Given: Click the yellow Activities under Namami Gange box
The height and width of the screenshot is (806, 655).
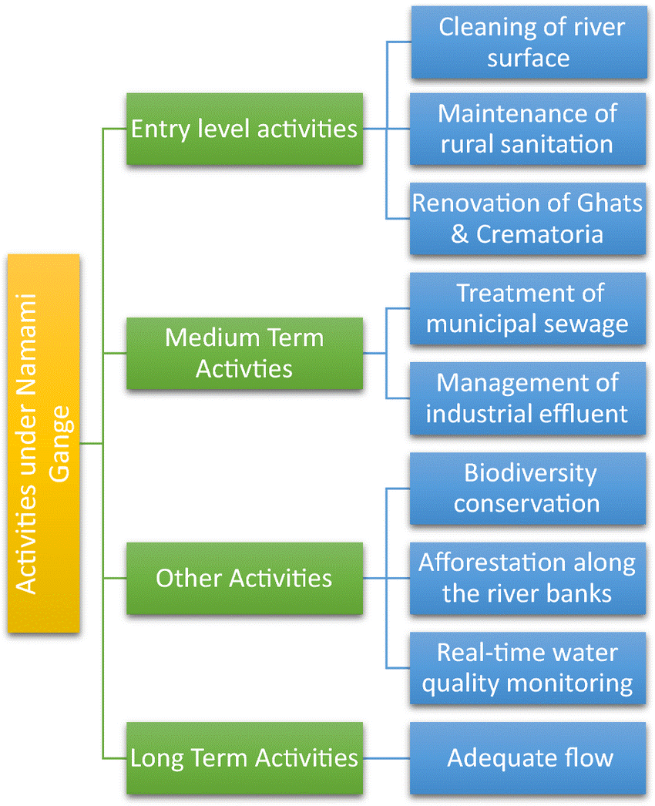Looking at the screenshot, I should click(44, 443).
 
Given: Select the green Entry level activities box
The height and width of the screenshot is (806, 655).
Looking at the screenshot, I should click(244, 129).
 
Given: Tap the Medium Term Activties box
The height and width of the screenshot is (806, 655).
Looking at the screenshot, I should click(244, 353).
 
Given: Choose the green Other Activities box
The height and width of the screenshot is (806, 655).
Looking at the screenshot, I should click(244, 578).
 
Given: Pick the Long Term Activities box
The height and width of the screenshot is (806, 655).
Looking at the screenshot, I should click(244, 757).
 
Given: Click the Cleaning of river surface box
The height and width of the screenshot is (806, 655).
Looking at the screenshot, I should click(529, 42).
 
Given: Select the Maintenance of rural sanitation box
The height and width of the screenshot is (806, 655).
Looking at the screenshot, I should click(528, 129).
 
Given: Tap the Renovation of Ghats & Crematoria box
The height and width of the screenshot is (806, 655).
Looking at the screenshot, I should click(528, 219).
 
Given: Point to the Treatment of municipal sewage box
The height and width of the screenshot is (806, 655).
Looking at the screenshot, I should click(528, 308).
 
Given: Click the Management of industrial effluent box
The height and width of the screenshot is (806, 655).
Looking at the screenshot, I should click(528, 398).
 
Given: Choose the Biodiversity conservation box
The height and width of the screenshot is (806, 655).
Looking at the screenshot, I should click(528, 488).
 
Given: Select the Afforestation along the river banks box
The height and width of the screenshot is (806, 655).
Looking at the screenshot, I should click(528, 578).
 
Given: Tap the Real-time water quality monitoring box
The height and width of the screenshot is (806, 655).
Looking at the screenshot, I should click(528, 667).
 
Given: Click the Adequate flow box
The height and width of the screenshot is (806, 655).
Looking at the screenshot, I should click(528, 757).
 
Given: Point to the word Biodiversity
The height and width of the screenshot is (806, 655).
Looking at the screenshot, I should click(530, 472).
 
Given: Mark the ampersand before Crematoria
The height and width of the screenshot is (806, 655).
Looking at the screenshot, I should click(459, 233).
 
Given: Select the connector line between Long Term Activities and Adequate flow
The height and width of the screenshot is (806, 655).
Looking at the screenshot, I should click(385, 757).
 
